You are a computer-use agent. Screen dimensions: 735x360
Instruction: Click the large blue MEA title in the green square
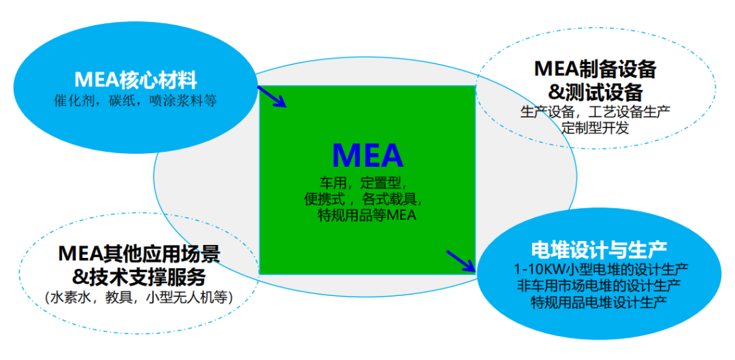click(367, 155)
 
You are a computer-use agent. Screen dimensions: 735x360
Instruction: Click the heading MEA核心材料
click(136, 80)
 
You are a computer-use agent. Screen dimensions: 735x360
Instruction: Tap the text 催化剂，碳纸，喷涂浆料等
click(135, 101)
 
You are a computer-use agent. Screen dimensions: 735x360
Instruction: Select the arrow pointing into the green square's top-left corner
click(272, 96)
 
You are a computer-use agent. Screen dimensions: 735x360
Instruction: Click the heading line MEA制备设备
click(595, 70)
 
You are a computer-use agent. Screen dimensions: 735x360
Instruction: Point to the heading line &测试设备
click(595, 93)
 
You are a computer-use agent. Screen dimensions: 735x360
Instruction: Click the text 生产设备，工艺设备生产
click(595, 112)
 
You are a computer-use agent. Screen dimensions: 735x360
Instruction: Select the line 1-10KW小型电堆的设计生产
click(602, 269)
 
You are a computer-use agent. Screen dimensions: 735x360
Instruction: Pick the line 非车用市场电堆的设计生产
click(600, 285)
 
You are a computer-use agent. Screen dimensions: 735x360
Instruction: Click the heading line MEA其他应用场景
click(140, 254)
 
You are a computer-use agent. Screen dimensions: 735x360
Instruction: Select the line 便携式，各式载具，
click(365, 199)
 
